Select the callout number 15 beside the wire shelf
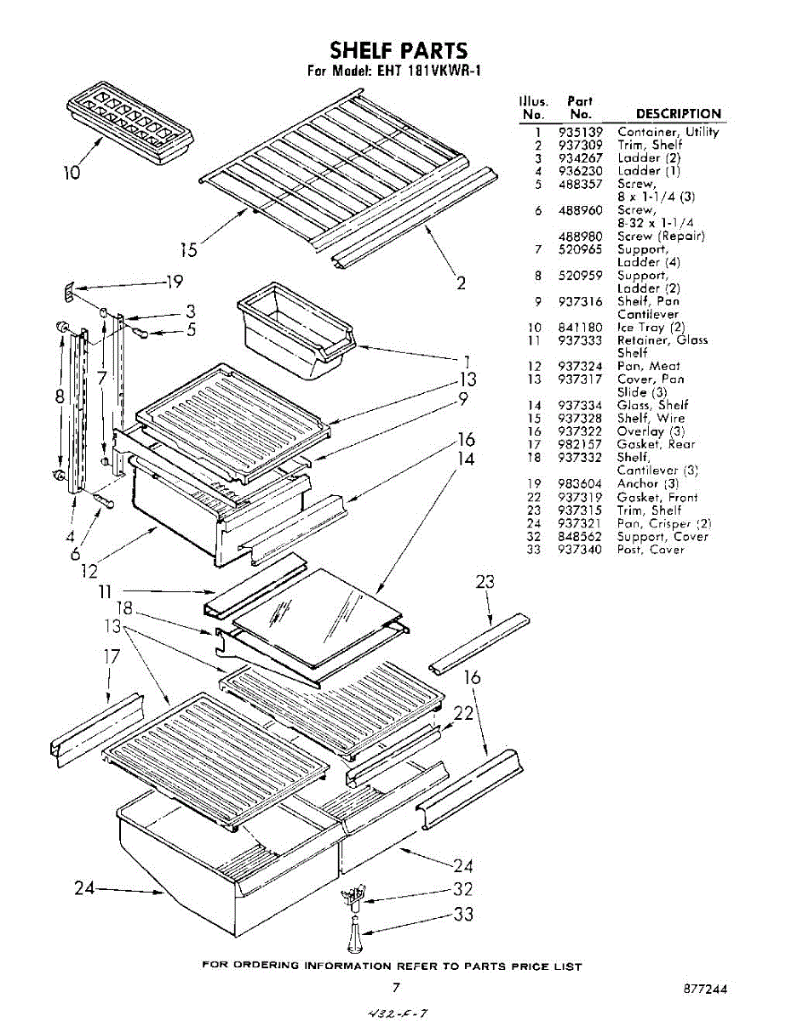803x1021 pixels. pyautogui.click(x=188, y=249)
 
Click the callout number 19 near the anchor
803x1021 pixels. pyautogui.click(x=174, y=282)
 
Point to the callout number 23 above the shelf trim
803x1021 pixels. pyautogui.click(x=485, y=583)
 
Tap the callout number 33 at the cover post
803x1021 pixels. pyautogui.click(x=463, y=915)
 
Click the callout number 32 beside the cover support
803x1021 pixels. pyautogui.click(x=463, y=890)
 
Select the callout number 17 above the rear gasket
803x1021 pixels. pyautogui.click(x=111, y=657)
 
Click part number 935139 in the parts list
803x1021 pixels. pyautogui.click(x=581, y=132)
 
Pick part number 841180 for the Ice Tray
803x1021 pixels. pyautogui.click(x=581, y=328)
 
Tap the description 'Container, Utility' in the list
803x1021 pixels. pyautogui.click(x=668, y=132)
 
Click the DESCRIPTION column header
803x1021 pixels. pyautogui.click(x=678, y=114)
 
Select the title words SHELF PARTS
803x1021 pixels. pyautogui.click(x=399, y=50)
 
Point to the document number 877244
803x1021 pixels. pyautogui.click(x=705, y=990)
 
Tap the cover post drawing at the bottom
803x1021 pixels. pyautogui.click(x=355, y=936)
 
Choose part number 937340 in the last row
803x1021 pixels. pyautogui.click(x=581, y=550)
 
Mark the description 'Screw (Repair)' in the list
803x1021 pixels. pyautogui.click(x=661, y=237)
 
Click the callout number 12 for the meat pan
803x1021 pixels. pyautogui.click(x=89, y=572)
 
